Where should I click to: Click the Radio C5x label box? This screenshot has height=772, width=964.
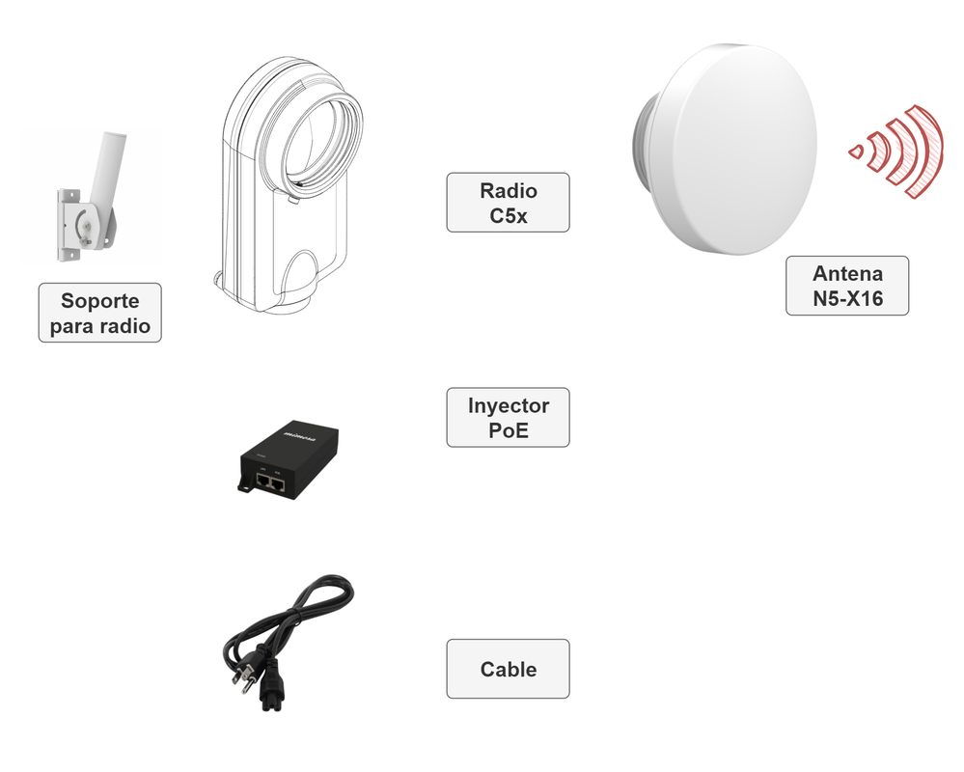point(508,203)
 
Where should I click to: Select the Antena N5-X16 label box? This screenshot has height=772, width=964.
point(847,286)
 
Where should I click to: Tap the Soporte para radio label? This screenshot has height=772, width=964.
point(100,313)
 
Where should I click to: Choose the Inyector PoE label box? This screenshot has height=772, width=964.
point(508,417)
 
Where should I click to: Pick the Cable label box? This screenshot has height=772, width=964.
point(508,669)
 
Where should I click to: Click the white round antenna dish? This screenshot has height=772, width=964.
point(738,150)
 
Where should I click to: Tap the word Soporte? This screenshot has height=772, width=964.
point(100,301)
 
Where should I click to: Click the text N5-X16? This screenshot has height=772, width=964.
point(847,298)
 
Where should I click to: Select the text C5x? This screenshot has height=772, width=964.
point(508,215)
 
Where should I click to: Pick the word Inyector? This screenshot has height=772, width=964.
point(508,405)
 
